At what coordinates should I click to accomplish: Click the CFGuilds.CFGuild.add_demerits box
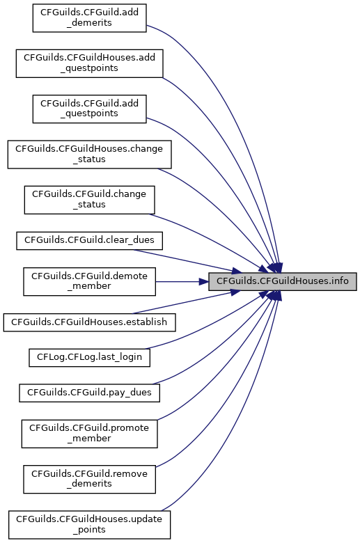(x=89, y=18)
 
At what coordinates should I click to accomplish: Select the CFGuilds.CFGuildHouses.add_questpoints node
(x=89, y=63)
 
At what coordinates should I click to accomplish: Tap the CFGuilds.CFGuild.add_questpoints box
(x=89, y=109)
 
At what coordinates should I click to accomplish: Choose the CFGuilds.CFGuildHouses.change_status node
(x=89, y=155)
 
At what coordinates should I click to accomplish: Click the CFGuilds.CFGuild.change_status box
(x=89, y=200)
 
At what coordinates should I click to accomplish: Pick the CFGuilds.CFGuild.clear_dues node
(x=89, y=241)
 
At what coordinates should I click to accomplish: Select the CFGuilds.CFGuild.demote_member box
(x=89, y=281)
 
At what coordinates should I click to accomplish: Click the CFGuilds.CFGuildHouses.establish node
(x=89, y=322)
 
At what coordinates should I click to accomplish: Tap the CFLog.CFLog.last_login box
(x=89, y=358)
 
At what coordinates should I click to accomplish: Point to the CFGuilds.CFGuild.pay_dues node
(x=89, y=393)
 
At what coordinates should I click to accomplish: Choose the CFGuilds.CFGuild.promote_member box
(x=89, y=434)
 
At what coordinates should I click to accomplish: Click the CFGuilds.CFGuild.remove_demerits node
(x=89, y=479)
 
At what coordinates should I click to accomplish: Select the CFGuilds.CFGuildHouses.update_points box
(x=89, y=525)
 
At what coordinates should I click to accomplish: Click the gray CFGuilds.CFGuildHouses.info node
(x=283, y=281)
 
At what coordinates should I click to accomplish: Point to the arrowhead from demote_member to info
(x=203, y=281)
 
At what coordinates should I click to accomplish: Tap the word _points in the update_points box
(x=89, y=530)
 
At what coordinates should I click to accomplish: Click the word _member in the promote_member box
(x=89, y=439)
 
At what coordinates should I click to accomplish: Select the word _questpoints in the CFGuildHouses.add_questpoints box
(x=89, y=68)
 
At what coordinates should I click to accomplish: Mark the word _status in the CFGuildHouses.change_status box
(x=89, y=159)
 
